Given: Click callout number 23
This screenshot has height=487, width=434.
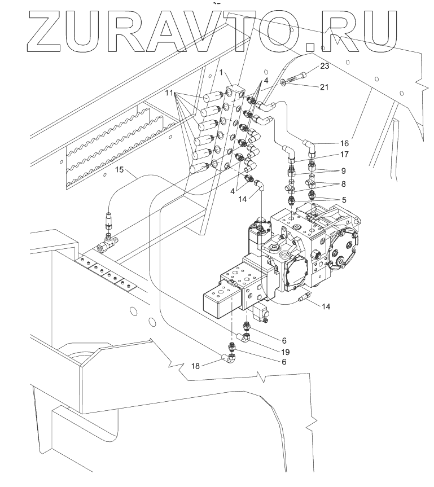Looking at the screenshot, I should point(324,67).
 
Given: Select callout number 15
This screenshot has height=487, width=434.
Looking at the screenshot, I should point(119,169).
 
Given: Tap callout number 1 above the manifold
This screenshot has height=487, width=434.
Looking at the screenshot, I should point(222,72).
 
